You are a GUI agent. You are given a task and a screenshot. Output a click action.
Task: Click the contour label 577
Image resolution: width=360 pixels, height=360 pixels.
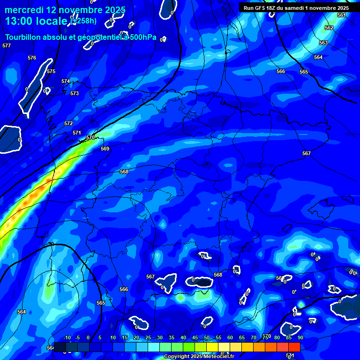coord(6,45)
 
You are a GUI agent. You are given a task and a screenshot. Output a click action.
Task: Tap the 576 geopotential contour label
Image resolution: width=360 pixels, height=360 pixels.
coord(32,58)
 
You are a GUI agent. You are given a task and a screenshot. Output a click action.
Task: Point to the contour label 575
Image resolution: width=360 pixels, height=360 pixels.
coord(51,71)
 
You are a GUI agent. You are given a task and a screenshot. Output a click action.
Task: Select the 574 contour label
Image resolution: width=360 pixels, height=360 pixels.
coord(66,81)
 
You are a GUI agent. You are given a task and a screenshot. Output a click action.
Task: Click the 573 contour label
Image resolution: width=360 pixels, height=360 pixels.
coord(75,93)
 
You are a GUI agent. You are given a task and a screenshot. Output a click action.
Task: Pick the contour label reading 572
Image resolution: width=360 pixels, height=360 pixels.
coord(68,123)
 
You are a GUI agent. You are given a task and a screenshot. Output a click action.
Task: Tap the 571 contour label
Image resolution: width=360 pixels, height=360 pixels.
coord(77,133)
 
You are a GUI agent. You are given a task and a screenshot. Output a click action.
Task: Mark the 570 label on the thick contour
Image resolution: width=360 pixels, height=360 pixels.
coord(90,137)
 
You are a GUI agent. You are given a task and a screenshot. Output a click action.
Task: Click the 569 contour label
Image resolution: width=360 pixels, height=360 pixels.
coord(105,149)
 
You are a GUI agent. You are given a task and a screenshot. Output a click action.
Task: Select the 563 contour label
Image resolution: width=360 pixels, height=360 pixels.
coord(323,43)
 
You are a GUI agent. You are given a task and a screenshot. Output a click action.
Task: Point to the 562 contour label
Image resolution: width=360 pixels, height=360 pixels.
coord(329,28)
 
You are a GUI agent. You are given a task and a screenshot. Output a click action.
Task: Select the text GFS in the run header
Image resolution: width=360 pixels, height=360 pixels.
coord(261,8)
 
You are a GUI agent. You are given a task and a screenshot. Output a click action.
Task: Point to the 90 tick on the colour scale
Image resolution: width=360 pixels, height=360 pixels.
coord(300,337)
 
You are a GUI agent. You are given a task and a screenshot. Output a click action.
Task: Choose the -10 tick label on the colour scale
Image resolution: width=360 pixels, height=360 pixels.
coord(67,337)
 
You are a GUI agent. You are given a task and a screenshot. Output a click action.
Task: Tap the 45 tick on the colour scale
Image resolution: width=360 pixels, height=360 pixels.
coord(195,337)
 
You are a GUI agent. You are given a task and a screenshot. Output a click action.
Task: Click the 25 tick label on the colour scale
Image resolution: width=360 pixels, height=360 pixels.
coord(148,337)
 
